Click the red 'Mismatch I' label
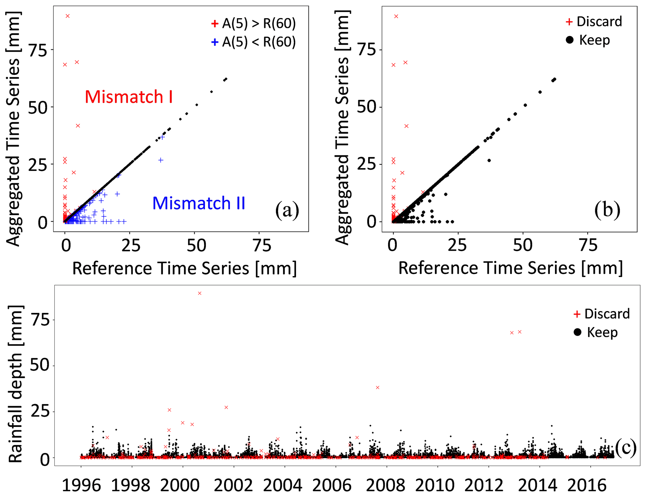point(128,97)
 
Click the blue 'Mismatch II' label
point(199,203)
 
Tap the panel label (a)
point(287,210)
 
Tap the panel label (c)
point(625,447)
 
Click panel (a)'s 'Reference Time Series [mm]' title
point(184,268)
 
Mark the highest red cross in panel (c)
point(200,293)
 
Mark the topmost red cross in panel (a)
point(68,16)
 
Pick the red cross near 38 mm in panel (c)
point(378,388)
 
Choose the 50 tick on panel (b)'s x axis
point(522,246)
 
